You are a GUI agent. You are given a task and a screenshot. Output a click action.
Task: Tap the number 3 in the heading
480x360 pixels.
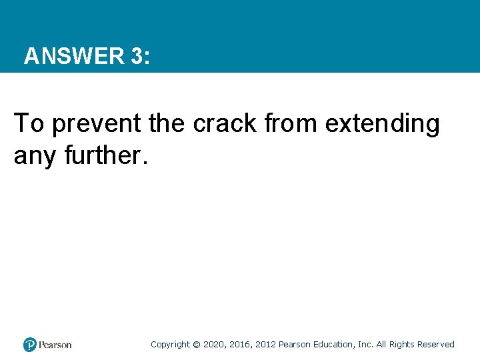(x=137, y=56)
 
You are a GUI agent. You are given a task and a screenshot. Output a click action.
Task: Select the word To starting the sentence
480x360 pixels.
(x=28, y=123)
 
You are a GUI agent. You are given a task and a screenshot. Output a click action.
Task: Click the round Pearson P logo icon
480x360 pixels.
(x=30, y=345)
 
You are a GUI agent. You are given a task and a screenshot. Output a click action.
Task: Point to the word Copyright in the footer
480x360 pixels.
(x=170, y=345)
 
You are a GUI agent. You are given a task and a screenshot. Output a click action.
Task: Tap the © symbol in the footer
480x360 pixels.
(x=196, y=345)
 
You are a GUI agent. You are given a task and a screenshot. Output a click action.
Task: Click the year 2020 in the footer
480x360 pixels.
(x=214, y=345)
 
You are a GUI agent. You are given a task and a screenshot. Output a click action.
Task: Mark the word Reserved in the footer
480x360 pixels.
(x=436, y=345)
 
